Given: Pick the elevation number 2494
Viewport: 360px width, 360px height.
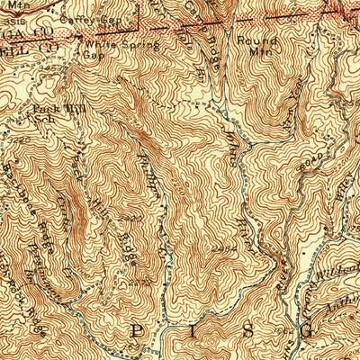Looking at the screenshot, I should [226, 245].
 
